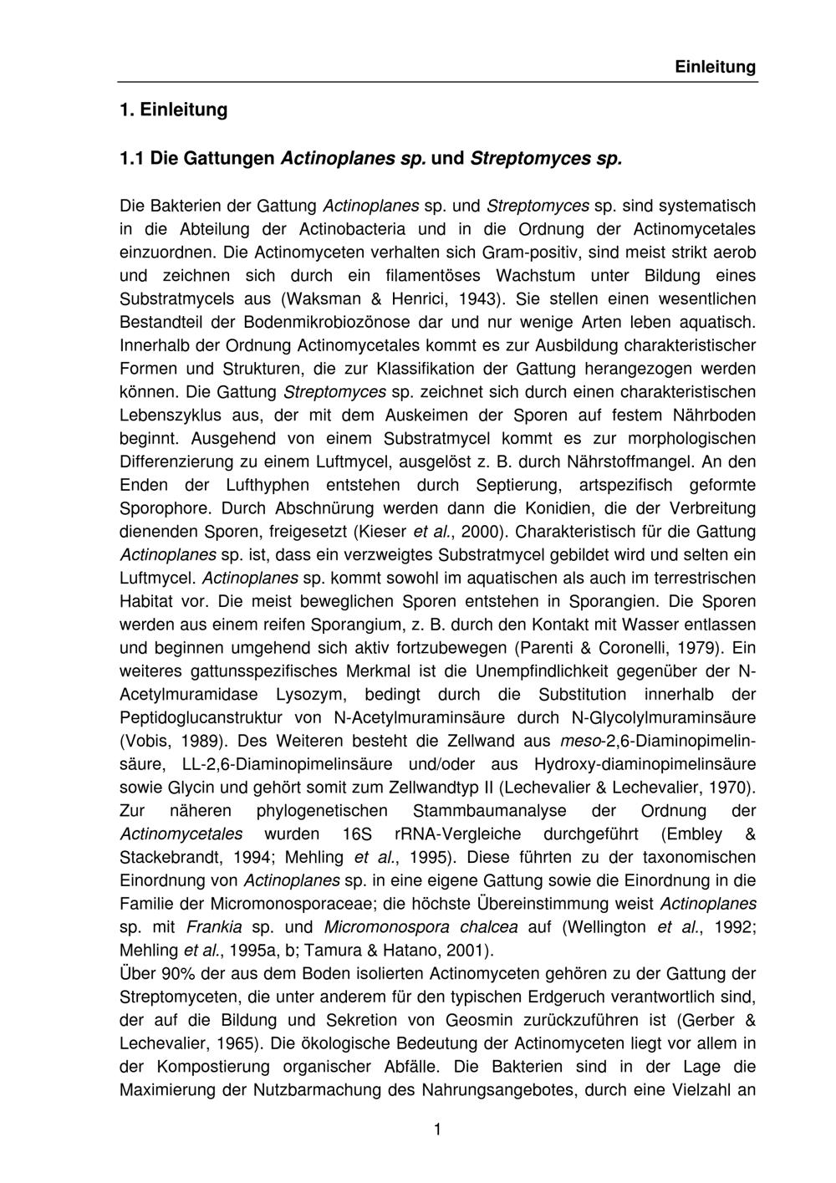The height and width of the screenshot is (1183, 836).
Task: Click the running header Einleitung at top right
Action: click(x=715, y=67)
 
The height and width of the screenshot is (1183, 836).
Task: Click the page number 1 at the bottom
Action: click(x=437, y=1130)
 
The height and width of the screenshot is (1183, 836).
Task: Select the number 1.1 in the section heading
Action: click(x=132, y=157)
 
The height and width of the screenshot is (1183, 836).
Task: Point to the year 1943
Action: click(x=482, y=298)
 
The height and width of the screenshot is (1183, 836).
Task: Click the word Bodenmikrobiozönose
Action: click(x=319, y=322)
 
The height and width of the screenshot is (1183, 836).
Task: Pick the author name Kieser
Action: click(x=384, y=532)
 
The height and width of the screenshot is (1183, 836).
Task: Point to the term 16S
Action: click(x=359, y=834)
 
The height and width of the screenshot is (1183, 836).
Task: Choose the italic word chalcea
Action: click(x=487, y=927)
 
